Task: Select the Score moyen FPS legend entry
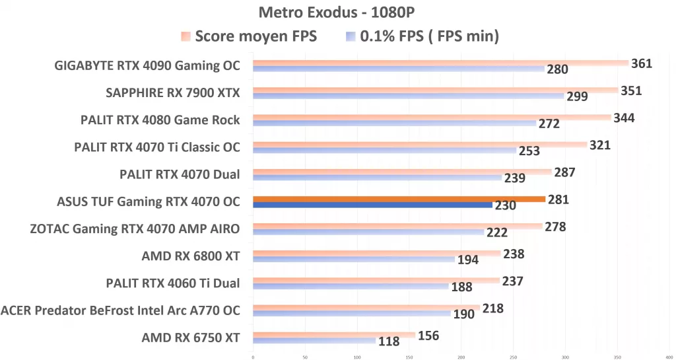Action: click(x=249, y=36)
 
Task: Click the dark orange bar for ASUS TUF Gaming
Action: click(x=399, y=198)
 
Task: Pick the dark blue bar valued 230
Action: click(x=372, y=205)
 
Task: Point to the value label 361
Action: click(x=641, y=63)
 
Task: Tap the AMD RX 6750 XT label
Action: click(x=190, y=338)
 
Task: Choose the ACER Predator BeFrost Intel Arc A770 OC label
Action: click(x=120, y=310)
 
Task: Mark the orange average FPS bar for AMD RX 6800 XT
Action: click(x=376, y=253)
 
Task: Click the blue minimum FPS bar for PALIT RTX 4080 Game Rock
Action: click(x=394, y=123)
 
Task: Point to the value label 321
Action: click(x=599, y=145)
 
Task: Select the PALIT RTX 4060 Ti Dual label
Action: click(x=172, y=283)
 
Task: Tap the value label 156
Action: click(x=428, y=336)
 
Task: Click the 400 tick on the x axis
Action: click(x=669, y=357)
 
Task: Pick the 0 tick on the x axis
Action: click(x=253, y=357)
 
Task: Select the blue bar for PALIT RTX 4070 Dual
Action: click(x=377, y=178)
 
